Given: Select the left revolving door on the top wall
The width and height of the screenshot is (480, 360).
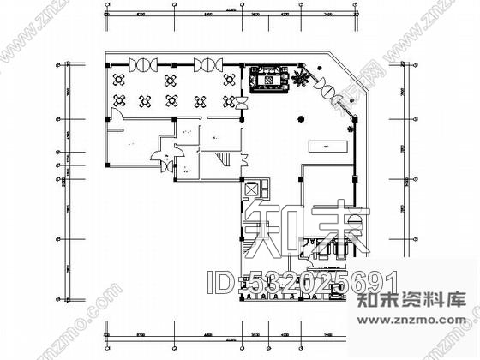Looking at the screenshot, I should coord(140,65).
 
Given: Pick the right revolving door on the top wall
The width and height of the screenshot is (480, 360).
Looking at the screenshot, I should coord(207,65).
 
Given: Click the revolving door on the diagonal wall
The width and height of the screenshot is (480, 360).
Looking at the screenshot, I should coord(329,87).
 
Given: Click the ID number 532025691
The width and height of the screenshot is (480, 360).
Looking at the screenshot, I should coord(316,279).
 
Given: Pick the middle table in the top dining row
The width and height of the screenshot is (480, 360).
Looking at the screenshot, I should coord(171,81).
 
